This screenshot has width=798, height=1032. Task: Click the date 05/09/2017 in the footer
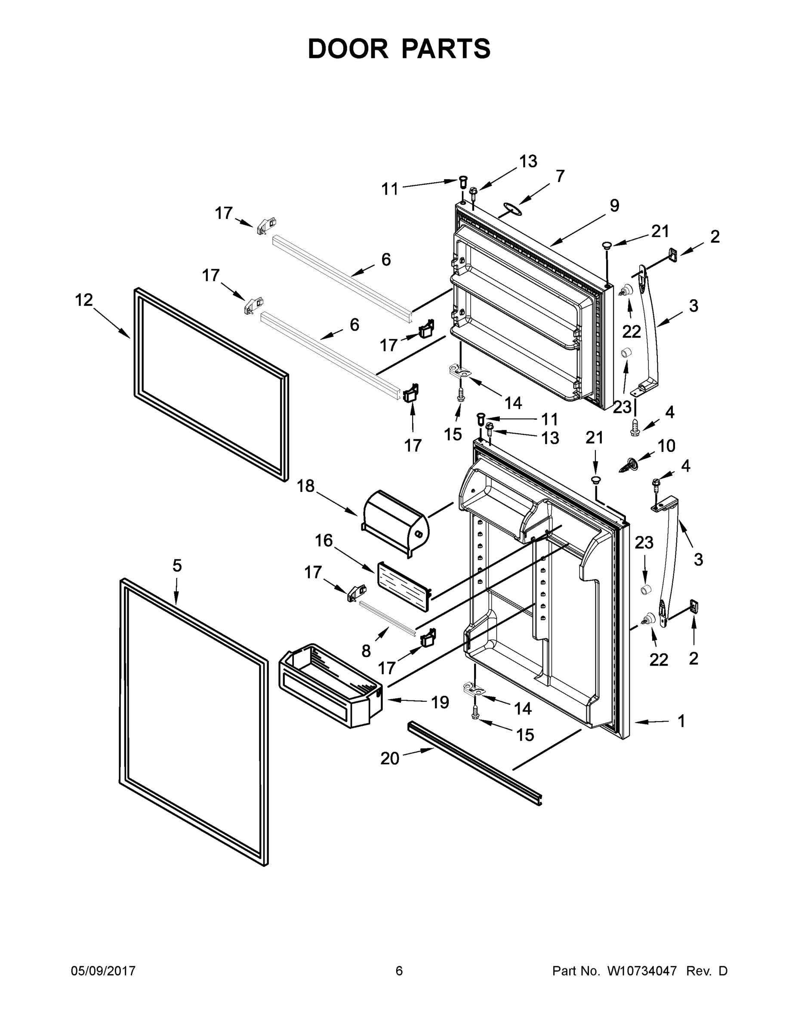(103, 971)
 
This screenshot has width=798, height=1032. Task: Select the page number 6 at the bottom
(399, 971)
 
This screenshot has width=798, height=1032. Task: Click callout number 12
(84, 300)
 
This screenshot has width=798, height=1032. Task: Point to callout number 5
(177, 565)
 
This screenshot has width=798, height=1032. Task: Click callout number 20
(390, 759)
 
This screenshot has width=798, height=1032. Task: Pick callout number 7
(560, 176)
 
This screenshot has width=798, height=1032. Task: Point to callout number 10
(666, 445)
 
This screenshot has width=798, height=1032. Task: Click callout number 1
(681, 721)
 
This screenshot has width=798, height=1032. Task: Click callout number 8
(366, 651)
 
